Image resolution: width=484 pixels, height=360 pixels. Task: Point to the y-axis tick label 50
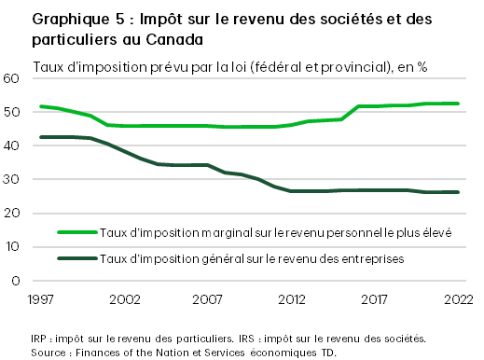(13, 112)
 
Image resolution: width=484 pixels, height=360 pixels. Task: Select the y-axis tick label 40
(13, 145)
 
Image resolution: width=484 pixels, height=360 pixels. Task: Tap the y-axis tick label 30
(13, 179)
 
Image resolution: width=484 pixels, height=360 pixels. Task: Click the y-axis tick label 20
(13, 213)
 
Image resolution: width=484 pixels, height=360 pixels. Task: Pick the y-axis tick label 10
(13, 247)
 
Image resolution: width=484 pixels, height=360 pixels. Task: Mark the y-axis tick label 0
(17, 281)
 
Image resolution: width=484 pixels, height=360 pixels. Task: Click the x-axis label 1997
(41, 299)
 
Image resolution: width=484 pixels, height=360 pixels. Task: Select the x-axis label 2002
(124, 299)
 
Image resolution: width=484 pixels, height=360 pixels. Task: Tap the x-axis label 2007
(208, 299)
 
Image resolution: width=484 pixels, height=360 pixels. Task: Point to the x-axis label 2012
(291, 299)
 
